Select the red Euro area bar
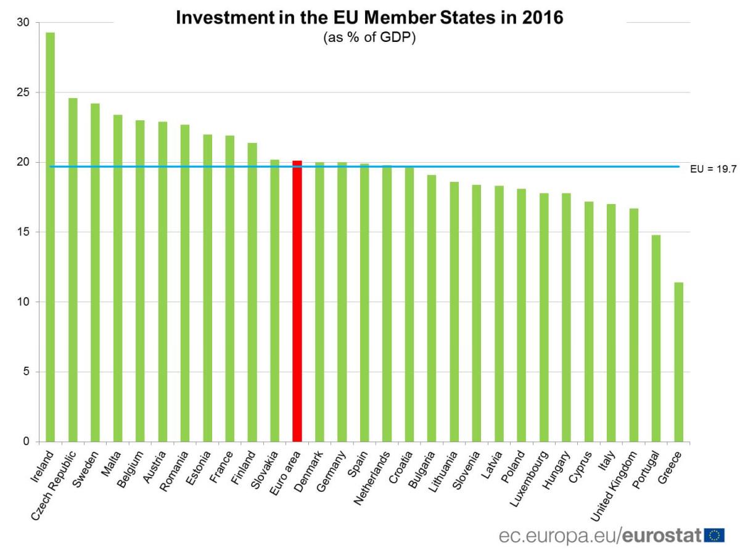(x=297, y=301)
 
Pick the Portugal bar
(x=656, y=338)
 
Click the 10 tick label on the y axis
(x=23, y=302)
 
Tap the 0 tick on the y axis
(x=26, y=441)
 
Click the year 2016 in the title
(x=542, y=18)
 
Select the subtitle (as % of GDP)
(x=370, y=37)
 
